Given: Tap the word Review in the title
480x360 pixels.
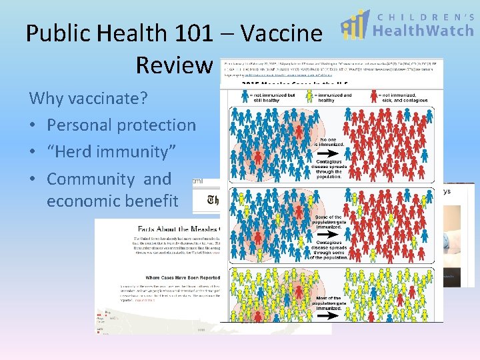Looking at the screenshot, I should (173, 65).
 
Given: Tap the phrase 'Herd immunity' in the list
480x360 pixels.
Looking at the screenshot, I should (111, 152).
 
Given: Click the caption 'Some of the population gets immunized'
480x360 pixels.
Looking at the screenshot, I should (328, 221).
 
